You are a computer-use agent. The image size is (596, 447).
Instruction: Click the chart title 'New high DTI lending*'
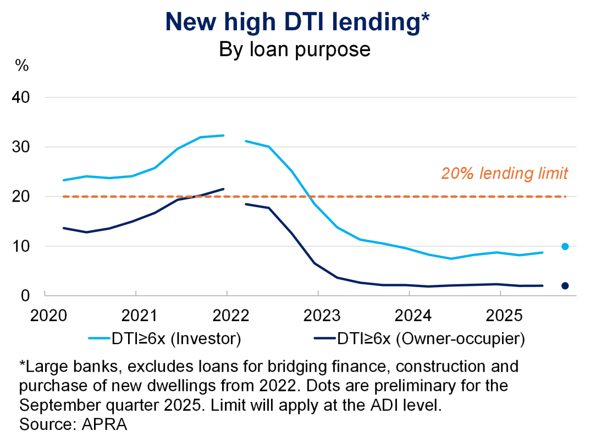(x=297, y=22)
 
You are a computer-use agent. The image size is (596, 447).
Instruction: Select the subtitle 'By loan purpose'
(x=295, y=49)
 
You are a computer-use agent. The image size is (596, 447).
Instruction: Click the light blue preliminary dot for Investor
(x=565, y=246)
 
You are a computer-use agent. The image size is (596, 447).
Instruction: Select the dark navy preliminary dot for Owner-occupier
(x=565, y=285)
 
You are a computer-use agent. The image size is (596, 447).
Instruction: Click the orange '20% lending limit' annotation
(x=504, y=174)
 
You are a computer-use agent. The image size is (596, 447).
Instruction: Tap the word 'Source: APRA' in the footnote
(x=73, y=425)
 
